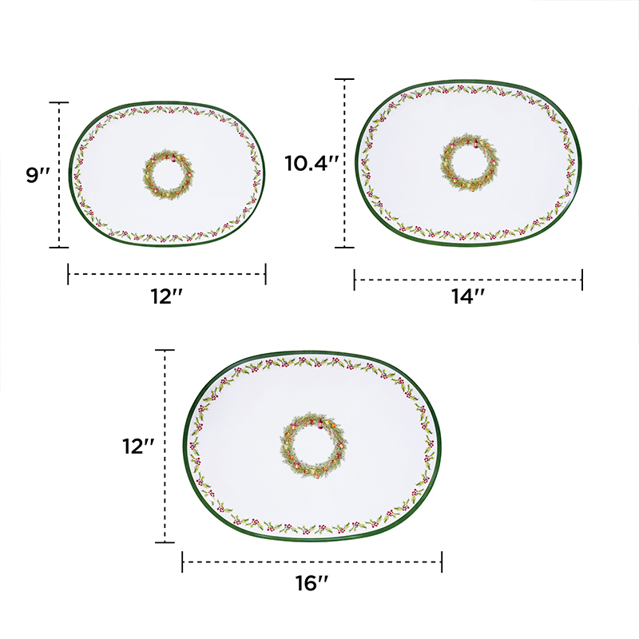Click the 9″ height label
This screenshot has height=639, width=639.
(37, 175)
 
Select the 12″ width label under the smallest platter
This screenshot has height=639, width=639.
(166, 296)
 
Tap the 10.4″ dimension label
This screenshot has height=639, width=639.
(312, 164)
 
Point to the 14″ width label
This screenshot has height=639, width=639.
(468, 296)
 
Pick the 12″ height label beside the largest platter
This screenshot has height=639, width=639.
(138, 447)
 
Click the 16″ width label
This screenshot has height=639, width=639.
(312, 583)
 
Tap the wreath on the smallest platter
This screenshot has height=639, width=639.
(168, 174)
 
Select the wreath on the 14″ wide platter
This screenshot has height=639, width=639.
(470, 162)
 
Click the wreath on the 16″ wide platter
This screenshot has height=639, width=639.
(313, 445)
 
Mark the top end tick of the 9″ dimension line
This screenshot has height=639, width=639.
(58, 103)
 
